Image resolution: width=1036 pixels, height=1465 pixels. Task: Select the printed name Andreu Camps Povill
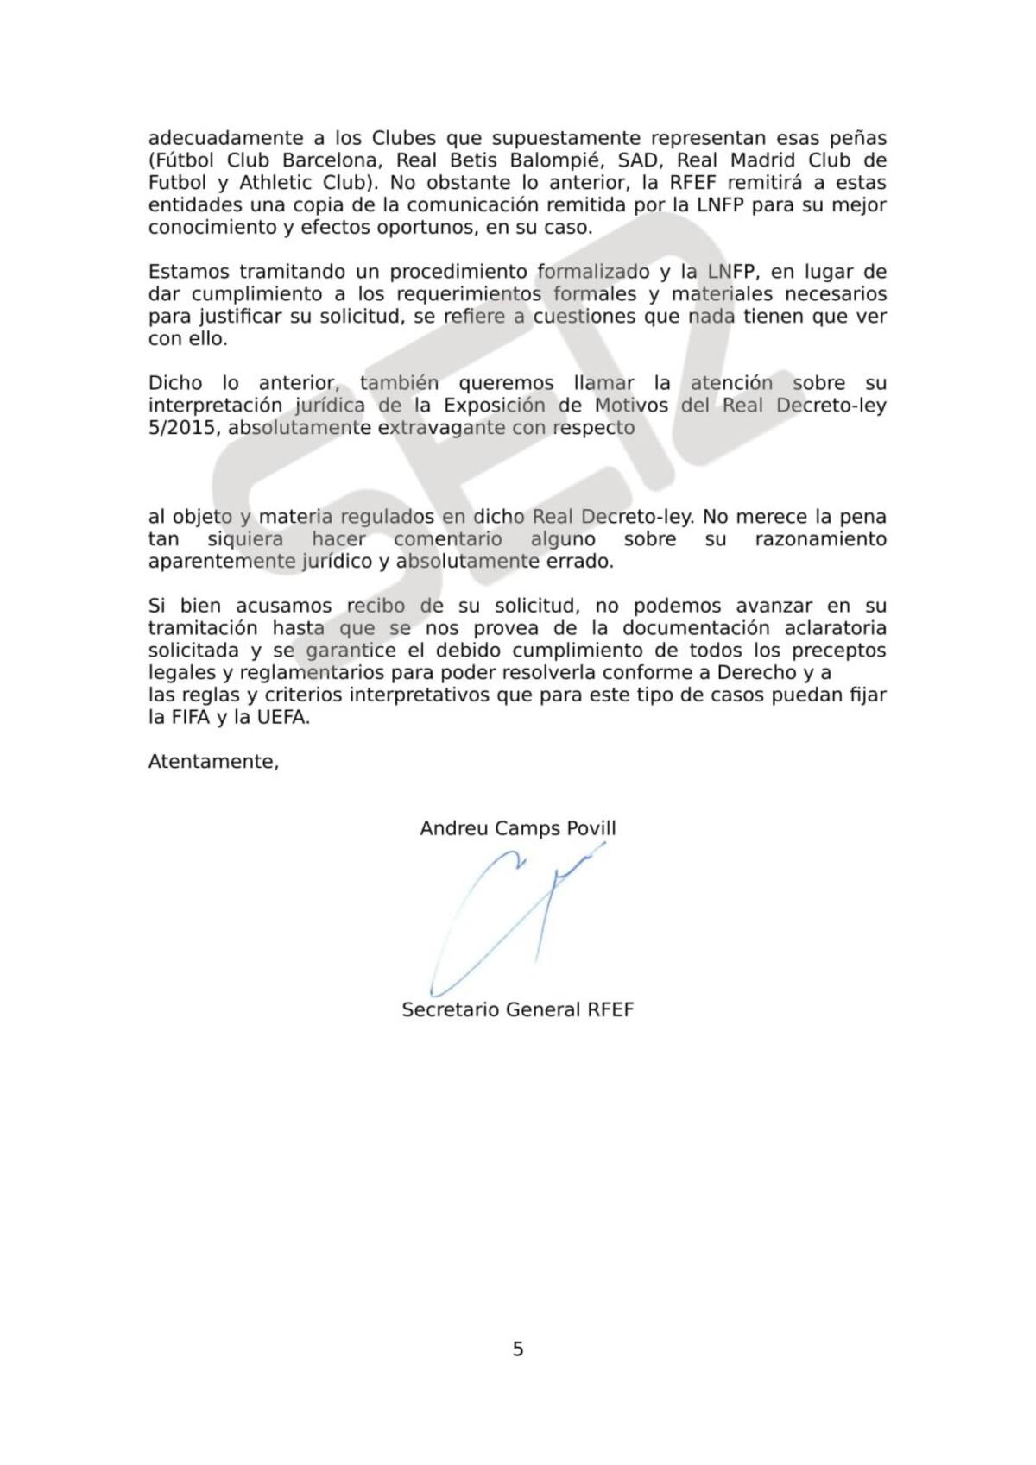(x=518, y=829)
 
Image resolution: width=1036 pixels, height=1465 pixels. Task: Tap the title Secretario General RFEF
(x=518, y=1010)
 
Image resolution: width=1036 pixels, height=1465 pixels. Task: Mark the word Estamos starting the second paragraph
(x=187, y=272)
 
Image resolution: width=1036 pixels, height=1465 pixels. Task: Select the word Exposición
(x=495, y=406)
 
